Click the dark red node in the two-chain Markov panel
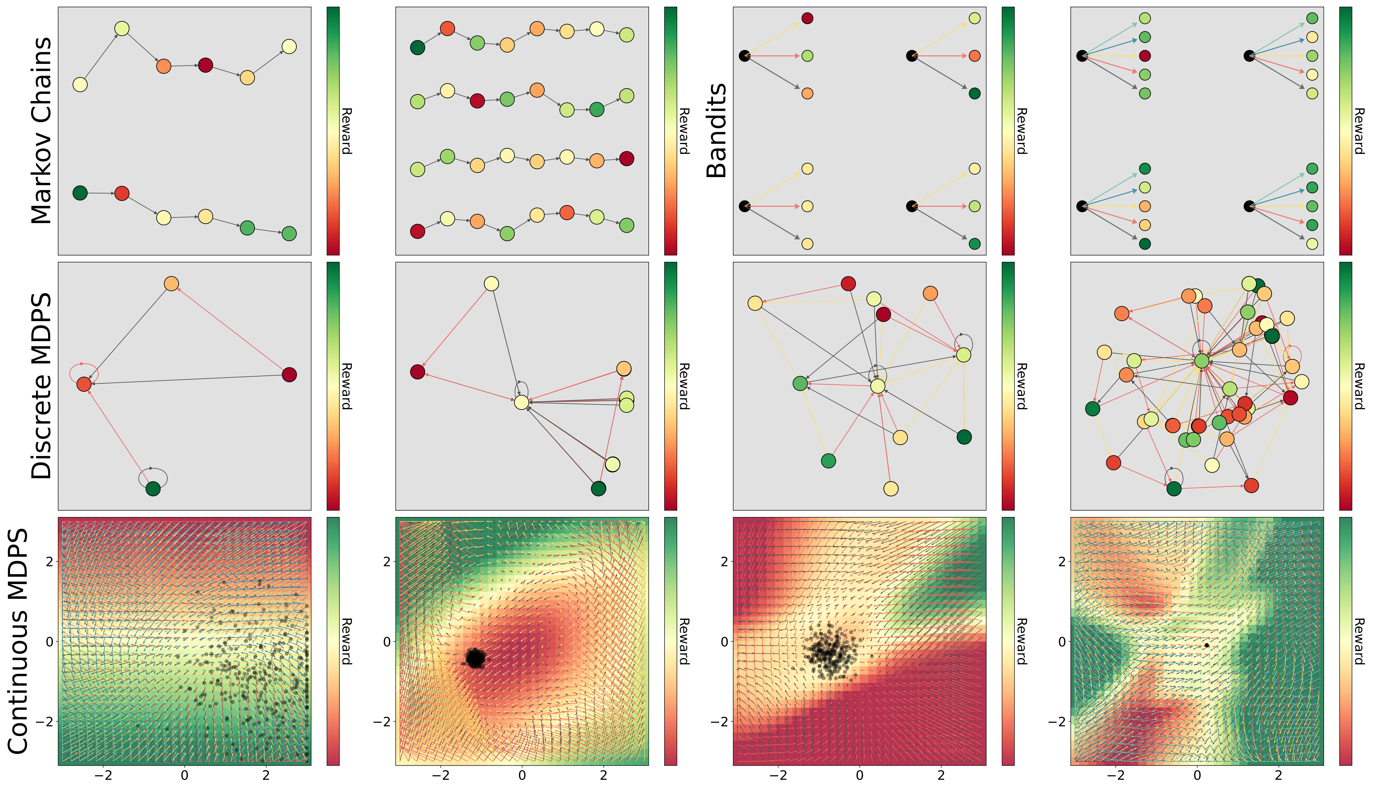click(x=205, y=65)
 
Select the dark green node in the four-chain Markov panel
click(x=417, y=48)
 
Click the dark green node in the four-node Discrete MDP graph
click(x=153, y=489)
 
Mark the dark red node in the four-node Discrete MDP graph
click(x=289, y=374)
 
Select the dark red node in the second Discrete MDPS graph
click(x=417, y=372)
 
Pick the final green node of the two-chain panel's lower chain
click(x=289, y=234)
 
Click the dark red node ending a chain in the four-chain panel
click(x=626, y=158)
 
